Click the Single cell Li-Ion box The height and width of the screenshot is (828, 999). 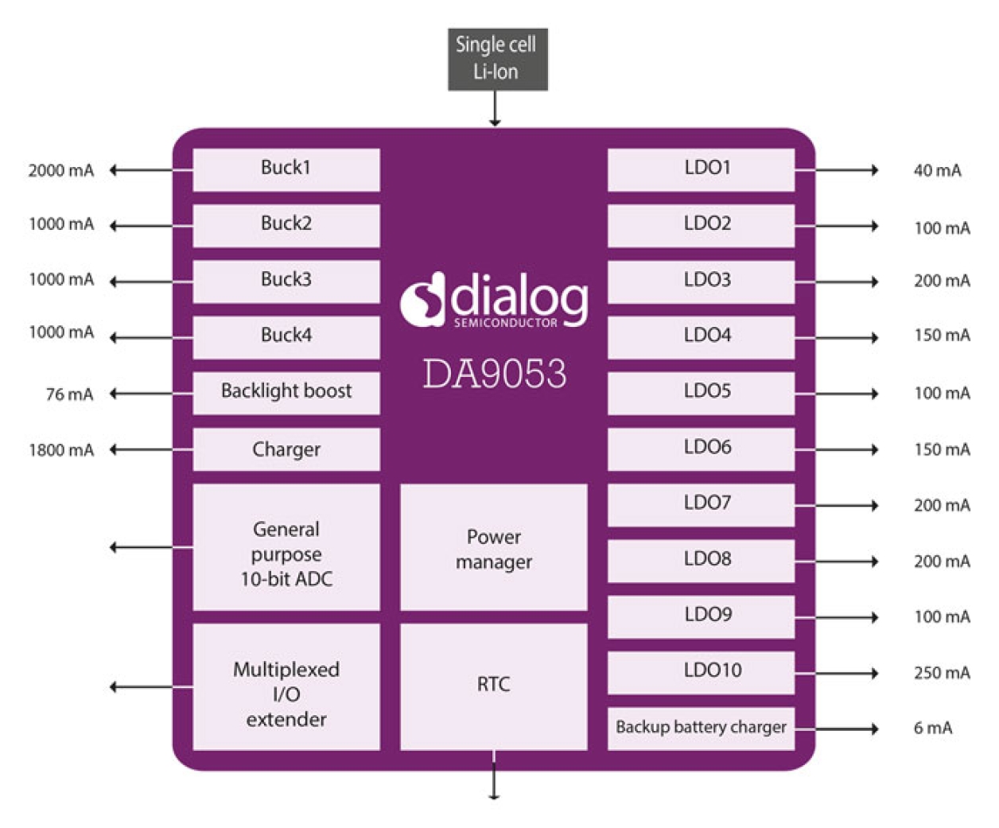[x=497, y=59]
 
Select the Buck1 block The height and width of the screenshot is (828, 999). [x=286, y=169]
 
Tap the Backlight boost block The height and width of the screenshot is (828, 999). [x=286, y=392]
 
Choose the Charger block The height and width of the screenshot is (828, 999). [x=286, y=449]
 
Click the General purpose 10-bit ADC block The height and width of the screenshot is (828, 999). [x=286, y=547]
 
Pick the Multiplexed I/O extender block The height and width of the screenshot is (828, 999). [x=286, y=686]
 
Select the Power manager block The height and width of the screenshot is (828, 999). [x=493, y=547]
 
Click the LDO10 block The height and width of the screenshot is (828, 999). [x=701, y=672]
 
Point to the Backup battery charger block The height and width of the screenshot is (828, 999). [x=701, y=728]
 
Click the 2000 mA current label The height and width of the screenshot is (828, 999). [x=61, y=170]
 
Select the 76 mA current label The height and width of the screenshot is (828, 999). [x=69, y=395]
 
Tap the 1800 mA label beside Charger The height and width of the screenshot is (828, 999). [x=61, y=450]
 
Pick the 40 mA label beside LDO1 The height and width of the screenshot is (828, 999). [x=937, y=170]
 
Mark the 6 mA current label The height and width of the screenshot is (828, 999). [x=932, y=728]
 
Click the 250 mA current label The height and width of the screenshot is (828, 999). [x=942, y=673]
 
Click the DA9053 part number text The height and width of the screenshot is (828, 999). [x=494, y=374]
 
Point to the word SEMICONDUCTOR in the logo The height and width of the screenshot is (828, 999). [x=505, y=323]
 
